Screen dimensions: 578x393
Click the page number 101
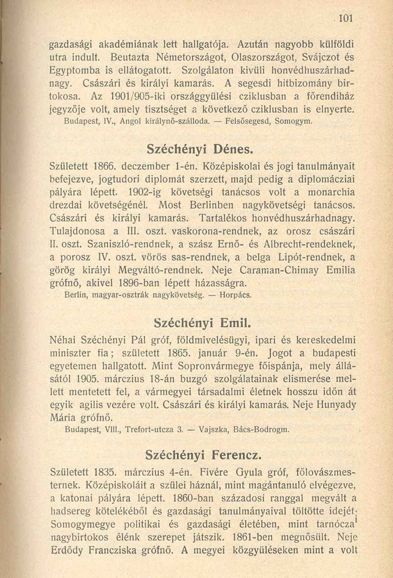point(346,18)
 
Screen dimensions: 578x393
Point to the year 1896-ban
point(153,283)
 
